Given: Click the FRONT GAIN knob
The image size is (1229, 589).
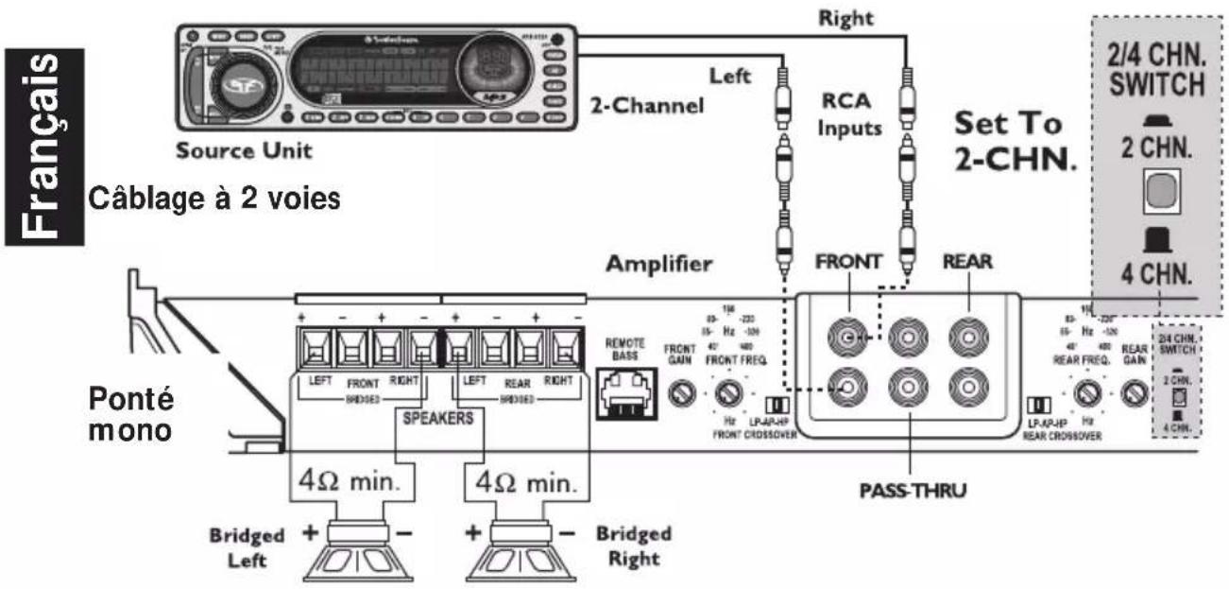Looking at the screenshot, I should pos(679,394).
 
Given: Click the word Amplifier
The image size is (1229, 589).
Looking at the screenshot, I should pos(659,266).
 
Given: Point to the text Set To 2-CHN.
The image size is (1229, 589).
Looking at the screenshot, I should pos(1015,141).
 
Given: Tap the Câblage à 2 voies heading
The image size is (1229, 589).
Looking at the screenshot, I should pos(213,200).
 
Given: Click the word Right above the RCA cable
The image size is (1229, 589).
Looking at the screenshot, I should pos(846,17).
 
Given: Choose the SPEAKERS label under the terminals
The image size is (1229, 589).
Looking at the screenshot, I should pos(437,418).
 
